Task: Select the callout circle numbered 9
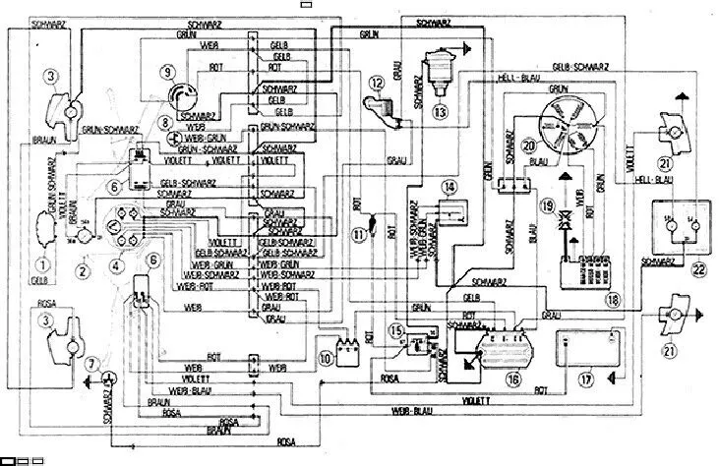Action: (168, 71)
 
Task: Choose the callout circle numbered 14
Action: (448, 187)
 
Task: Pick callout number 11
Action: (359, 233)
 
